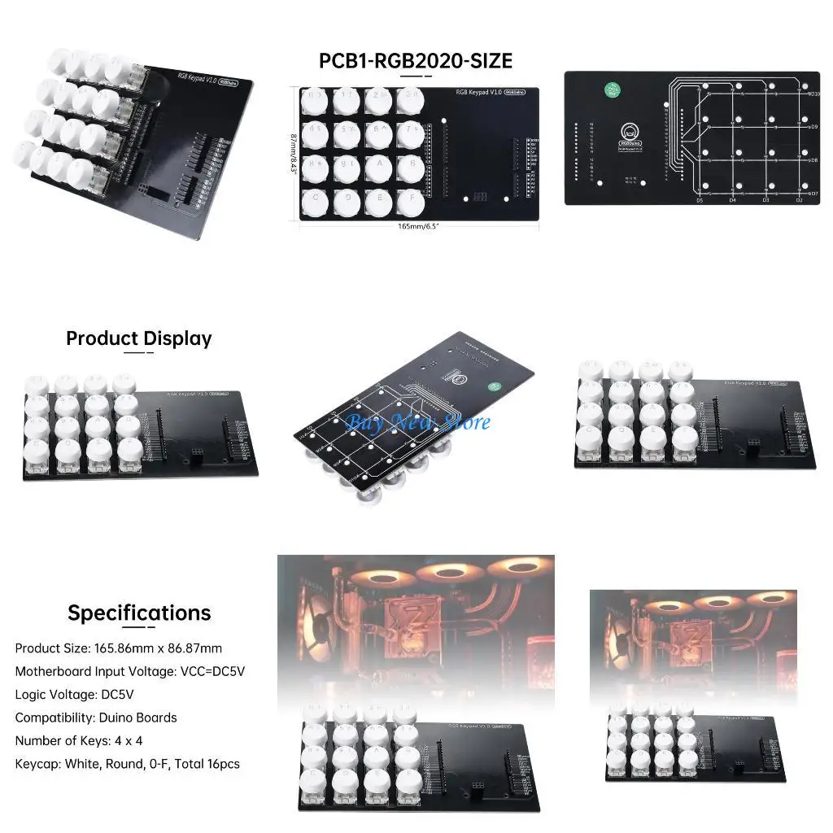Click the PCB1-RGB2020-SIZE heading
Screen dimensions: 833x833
(x=416, y=61)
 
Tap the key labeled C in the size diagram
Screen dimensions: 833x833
(x=314, y=199)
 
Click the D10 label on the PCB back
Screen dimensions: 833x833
(x=813, y=95)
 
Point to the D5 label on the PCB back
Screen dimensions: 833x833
(x=699, y=200)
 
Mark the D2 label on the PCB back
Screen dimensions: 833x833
(x=800, y=200)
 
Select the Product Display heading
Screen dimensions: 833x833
(x=138, y=338)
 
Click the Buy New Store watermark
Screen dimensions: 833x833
(x=417, y=422)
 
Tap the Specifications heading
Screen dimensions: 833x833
(x=139, y=613)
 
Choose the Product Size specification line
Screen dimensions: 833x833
(x=118, y=648)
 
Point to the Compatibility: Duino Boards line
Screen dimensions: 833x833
(x=96, y=717)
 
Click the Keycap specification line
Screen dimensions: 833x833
(x=128, y=764)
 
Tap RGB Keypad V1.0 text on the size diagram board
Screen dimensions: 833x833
(x=478, y=94)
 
